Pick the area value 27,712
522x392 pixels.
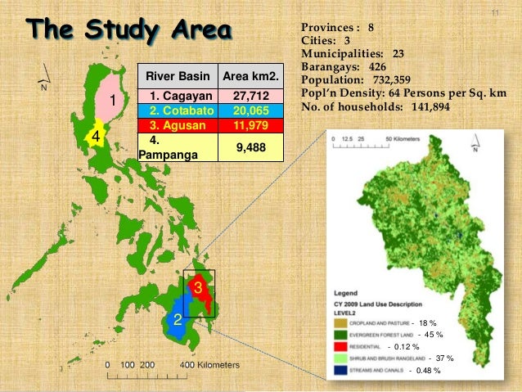pyautogui.click(x=251, y=97)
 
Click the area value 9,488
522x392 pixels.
pyautogui.click(x=251, y=146)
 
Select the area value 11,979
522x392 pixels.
pyautogui.click(x=251, y=124)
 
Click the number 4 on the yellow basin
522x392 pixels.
pyautogui.click(x=96, y=136)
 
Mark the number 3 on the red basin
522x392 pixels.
pyautogui.click(x=197, y=286)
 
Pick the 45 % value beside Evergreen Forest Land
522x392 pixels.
pyautogui.click(x=432, y=335)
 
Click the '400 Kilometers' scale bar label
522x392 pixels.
pyautogui.click(x=210, y=363)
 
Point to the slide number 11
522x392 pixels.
pyautogui.click(x=494, y=14)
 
